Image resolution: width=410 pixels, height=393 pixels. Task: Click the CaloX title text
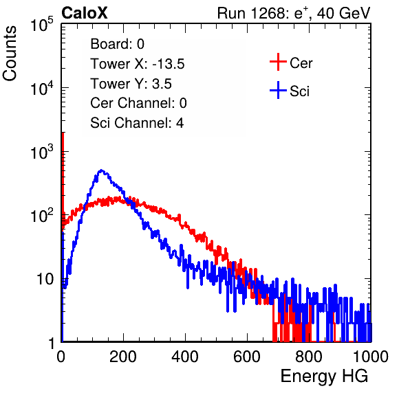pyautogui.click(x=85, y=13)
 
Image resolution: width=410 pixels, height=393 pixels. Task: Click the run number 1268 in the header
pyautogui.click(x=268, y=13)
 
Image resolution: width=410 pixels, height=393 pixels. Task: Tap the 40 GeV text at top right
pyautogui.click(x=343, y=13)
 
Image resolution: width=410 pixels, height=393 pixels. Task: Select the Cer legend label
pyautogui.click(x=301, y=63)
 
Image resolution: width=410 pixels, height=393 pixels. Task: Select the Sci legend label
pyautogui.click(x=299, y=91)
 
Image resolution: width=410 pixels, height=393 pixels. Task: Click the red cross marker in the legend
pyautogui.click(x=278, y=62)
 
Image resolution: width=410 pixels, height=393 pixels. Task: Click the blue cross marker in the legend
pyautogui.click(x=278, y=90)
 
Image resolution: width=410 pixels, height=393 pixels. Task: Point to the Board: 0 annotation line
pyautogui.click(x=117, y=44)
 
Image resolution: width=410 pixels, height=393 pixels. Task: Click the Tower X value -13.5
pyautogui.click(x=169, y=64)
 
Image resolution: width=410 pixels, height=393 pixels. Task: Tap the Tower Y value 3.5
pyautogui.click(x=162, y=84)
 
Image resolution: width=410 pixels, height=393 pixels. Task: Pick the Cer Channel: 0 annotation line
pyautogui.click(x=138, y=103)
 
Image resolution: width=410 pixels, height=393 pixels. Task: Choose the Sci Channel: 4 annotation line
pyautogui.click(x=137, y=123)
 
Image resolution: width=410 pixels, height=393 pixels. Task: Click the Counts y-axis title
pyautogui.click(x=10, y=54)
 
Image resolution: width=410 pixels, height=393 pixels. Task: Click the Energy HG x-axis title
pyautogui.click(x=324, y=377)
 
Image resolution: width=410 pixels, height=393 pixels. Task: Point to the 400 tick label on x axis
pyautogui.click(x=185, y=357)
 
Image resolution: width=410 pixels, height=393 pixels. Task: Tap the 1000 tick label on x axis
pyautogui.click(x=371, y=357)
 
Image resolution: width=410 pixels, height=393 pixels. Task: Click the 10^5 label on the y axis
pyautogui.click(x=42, y=25)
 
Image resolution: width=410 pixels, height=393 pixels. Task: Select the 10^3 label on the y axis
pyautogui.click(x=42, y=152)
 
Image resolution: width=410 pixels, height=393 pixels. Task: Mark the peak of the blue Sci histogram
pyautogui.click(x=101, y=170)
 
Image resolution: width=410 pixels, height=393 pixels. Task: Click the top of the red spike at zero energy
pyautogui.click(x=63, y=134)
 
